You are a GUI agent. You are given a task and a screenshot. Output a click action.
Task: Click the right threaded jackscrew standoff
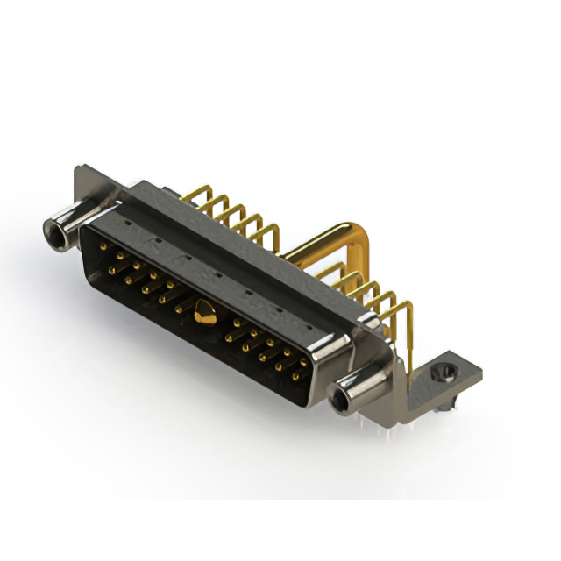(351, 387)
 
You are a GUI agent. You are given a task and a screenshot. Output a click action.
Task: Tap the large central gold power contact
(203, 310)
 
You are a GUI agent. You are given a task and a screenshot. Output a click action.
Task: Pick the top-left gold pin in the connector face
(103, 247)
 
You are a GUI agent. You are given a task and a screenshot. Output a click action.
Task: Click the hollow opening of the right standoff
(339, 401)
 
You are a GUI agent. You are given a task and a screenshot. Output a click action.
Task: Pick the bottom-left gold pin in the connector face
(111, 270)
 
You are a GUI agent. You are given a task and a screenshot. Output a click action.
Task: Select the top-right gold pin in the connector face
(304, 361)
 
